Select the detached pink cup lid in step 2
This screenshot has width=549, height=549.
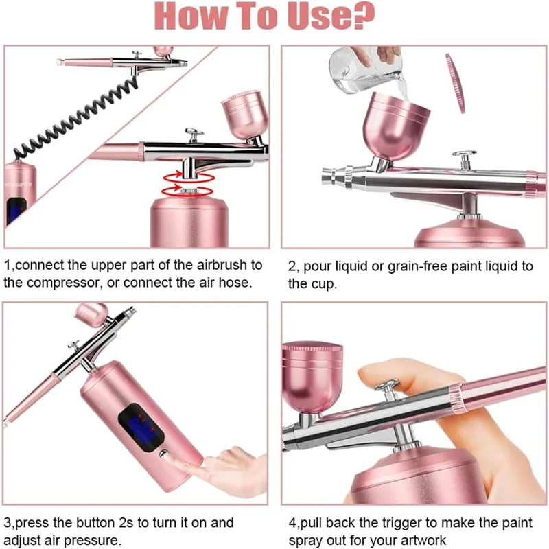[x=456, y=83]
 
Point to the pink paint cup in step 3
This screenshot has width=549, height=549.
[x=92, y=314]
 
